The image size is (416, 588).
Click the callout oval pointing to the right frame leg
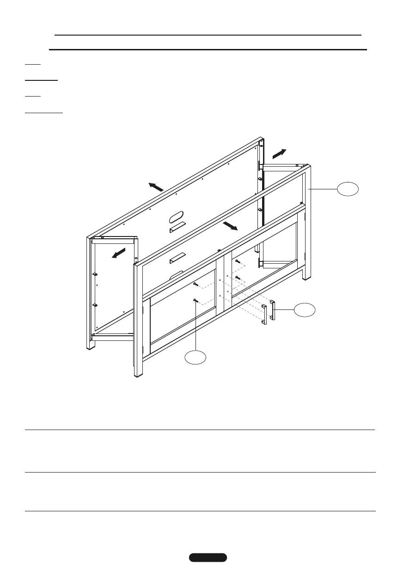tap(348, 189)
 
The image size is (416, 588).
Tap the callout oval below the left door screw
tap(195, 357)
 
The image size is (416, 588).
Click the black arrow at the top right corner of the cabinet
tap(279, 154)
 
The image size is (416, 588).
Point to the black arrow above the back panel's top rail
tap(156, 187)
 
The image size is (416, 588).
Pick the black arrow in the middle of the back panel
tap(230, 225)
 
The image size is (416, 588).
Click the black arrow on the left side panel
tap(118, 254)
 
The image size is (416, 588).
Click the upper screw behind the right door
tap(237, 261)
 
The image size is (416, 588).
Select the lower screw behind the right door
tap(237, 278)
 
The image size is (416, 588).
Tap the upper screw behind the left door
tap(196, 284)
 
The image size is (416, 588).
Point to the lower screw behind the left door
tap(196, 301)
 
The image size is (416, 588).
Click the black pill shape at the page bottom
tap(208, 557)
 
